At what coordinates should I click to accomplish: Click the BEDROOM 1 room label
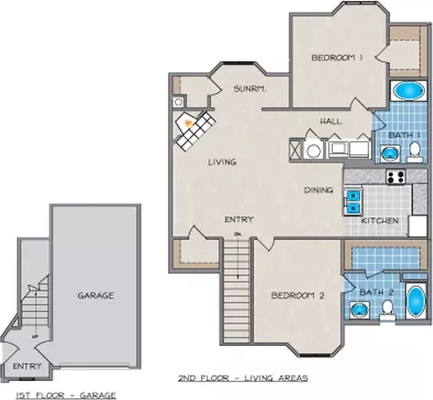(336, 58)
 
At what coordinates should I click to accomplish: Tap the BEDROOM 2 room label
(298, 295)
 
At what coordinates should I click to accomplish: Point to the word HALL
(331, 122)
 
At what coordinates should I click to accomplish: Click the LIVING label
(222, 162)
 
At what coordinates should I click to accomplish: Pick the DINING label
(318, 190)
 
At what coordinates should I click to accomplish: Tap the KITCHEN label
(380, 221)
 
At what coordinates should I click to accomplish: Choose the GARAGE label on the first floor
(96, 295)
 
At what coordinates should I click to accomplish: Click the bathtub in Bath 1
(409, 90)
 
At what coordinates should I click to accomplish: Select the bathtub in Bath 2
(416, 301)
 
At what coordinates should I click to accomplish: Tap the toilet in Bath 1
(415, 151)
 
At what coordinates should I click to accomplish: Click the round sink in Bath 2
(359, 310)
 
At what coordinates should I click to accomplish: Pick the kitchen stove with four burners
(396, 177)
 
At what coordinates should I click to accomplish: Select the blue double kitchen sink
(354, 201)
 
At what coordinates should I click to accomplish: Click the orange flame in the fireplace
(189, 123)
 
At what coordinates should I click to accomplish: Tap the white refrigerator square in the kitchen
(418, 226)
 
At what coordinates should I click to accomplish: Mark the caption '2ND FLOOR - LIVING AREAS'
(243, 377)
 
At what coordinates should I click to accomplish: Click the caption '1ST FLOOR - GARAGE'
(66, 395)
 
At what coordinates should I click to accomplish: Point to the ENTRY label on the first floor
(27, 367)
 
